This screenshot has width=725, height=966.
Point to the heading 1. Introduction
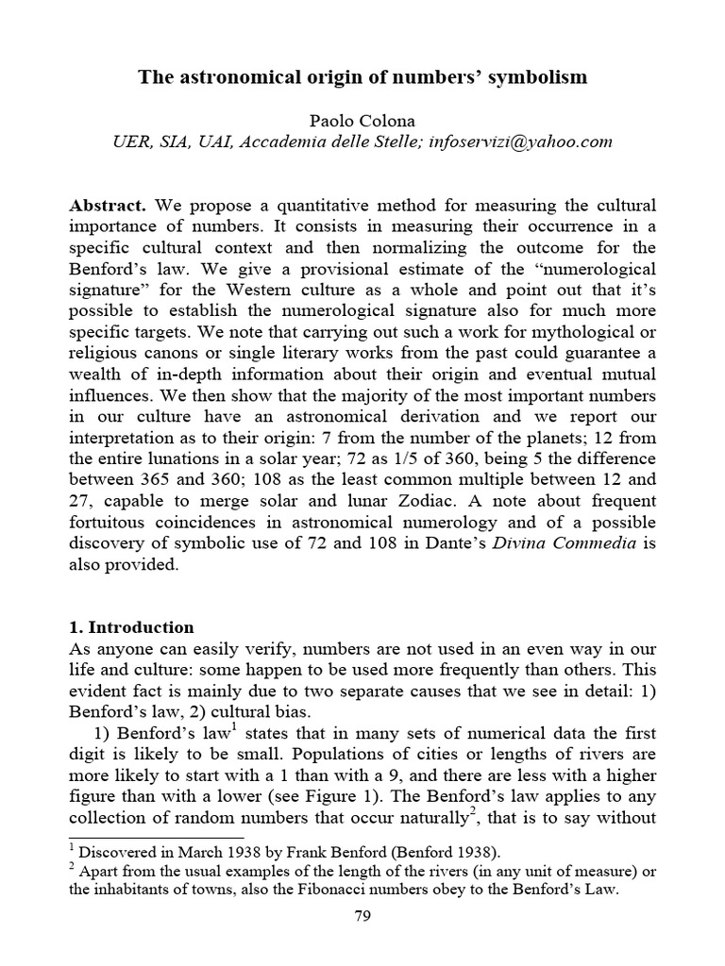point(132,627)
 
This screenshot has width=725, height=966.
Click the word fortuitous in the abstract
point(107,521)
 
